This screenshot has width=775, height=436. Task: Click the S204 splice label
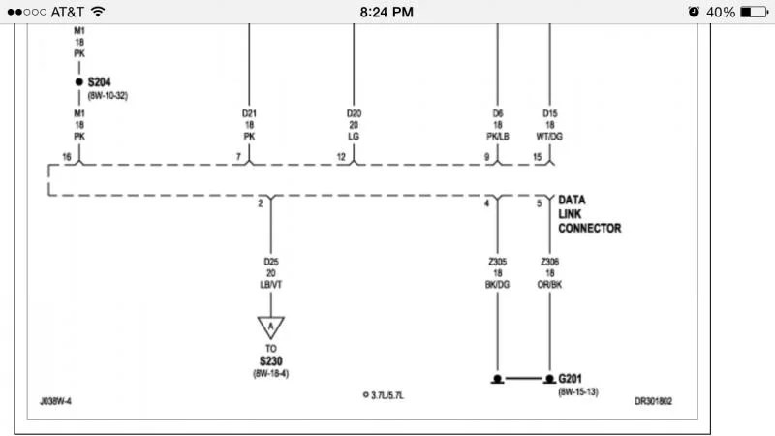[102, 82]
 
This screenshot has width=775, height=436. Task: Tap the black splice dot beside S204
[79, 83]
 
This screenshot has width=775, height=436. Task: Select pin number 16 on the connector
[67, 156]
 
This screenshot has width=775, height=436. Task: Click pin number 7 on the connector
[238, 156]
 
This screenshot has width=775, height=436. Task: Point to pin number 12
[341, 156]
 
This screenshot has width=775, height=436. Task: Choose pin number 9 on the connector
[486, 156]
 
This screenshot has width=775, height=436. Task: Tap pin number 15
[538, 156]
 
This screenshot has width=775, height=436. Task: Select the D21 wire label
[249, 113]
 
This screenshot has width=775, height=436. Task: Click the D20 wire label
[354, 113]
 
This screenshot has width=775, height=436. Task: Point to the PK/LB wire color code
[498, 137]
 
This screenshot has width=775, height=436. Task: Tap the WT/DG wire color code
[550, 137]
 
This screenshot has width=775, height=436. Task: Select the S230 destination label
[270, 360]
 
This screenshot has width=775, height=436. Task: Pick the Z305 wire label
[498, 262]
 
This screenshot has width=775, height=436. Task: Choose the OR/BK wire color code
[550, 285]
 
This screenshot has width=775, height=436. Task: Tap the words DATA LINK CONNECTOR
[589, 214]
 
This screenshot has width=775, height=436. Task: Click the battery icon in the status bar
[754, 12]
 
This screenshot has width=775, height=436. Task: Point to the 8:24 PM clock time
[387, 12]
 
